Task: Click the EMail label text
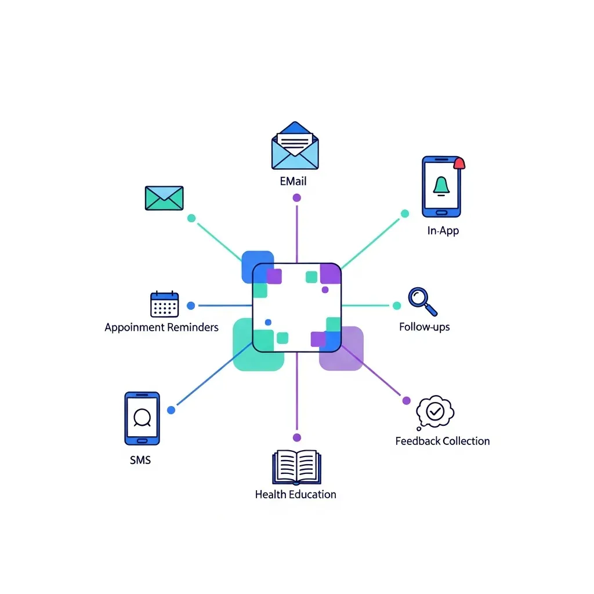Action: tap(293, 181)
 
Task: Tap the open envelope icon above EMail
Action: tap(295, 147)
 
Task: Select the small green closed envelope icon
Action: tap(164, 198)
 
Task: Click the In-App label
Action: tap(443, 231)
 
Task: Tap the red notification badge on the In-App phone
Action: tap(459, 163)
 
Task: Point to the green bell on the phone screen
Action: tap(441, 186)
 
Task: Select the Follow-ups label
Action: tap(424, 327)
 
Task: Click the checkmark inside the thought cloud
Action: tap(434, 411)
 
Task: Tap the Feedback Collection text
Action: tap(442, 441)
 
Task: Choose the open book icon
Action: tap(295, 467)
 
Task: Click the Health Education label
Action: tap(295, 494)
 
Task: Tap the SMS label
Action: tap(140, 460)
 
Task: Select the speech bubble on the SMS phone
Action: tap(142, 417)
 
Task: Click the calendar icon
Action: tap(164, 305)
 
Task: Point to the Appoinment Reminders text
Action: tap(161, 327)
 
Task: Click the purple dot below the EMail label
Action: tap(297, 198)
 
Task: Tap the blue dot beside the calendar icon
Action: tap(191, 305)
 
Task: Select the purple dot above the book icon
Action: tap(297, 437)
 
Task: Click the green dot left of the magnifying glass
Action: tap(397, 305)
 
